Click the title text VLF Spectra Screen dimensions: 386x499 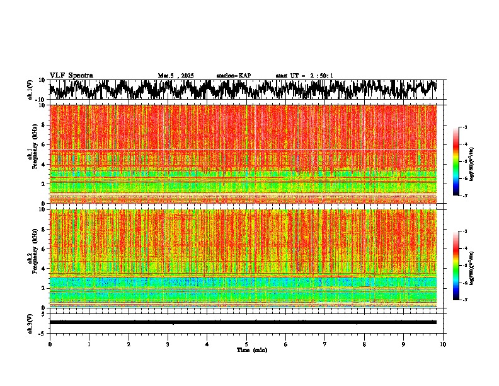click(x=71, y=76)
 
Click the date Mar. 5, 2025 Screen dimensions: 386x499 click(x=176, y=76)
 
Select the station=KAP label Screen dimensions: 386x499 click(x=233, y=76)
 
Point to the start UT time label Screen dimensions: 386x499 click(x=304, y=76)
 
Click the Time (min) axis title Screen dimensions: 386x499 click(x=251, y=349)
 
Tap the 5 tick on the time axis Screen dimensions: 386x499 click(x=246, y=344)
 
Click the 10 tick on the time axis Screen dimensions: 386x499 click(x=443, y=344)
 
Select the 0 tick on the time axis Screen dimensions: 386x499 click(x=50, y=344)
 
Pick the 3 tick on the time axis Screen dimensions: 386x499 click(x=168, y=344)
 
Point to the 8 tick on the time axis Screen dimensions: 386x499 click(x=364, y=344)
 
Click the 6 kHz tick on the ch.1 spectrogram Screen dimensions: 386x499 click(x=42, y=144)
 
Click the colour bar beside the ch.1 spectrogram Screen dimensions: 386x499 click(x=463, y=161)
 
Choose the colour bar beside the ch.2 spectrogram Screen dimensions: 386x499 click(x=463, y=266)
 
